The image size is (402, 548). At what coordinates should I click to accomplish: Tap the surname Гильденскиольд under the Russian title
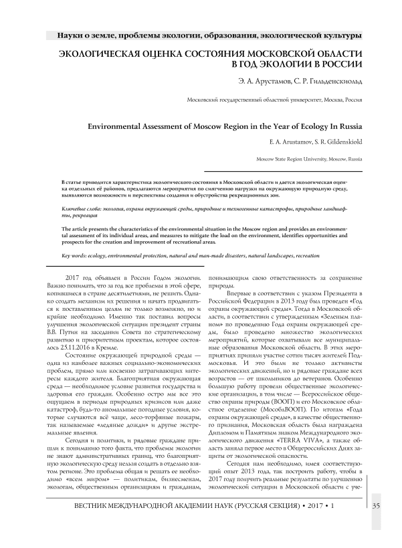[x=336, y=81]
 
